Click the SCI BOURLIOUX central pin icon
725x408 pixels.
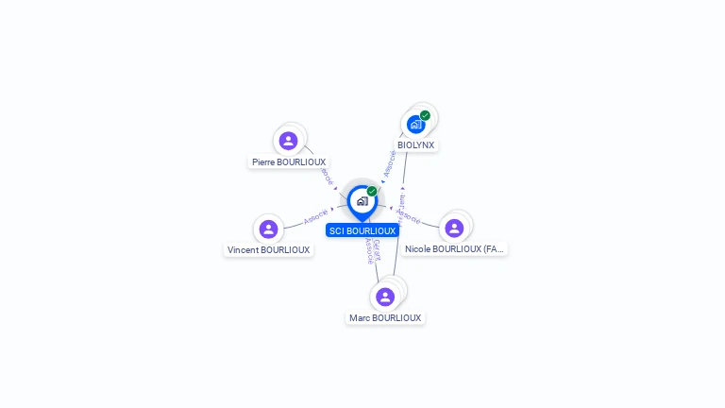click(362, 201)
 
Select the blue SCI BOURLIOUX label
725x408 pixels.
click(362, 230)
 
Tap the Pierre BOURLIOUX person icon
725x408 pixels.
click(289, 141)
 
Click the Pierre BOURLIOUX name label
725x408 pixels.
click(289, 162)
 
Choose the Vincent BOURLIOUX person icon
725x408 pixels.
click(268, 229)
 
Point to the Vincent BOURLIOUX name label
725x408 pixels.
click(268, 250)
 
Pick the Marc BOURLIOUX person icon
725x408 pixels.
click(384, 297)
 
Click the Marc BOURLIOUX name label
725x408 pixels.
click(385, 318)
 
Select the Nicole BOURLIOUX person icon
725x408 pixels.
click(454, 228)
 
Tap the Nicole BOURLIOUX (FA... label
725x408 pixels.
click(455, 249)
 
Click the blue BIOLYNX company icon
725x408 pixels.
click(415, 124)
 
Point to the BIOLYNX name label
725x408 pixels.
click(415, 145)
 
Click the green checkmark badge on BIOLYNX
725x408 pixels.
click(426, 115)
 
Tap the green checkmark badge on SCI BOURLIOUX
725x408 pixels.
click(372, 191)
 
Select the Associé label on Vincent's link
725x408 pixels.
click(316, 216)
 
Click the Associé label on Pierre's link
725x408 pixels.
click(327, 176)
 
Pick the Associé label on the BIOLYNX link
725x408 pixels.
click(388, 163)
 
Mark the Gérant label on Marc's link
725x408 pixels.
click(377, 248)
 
